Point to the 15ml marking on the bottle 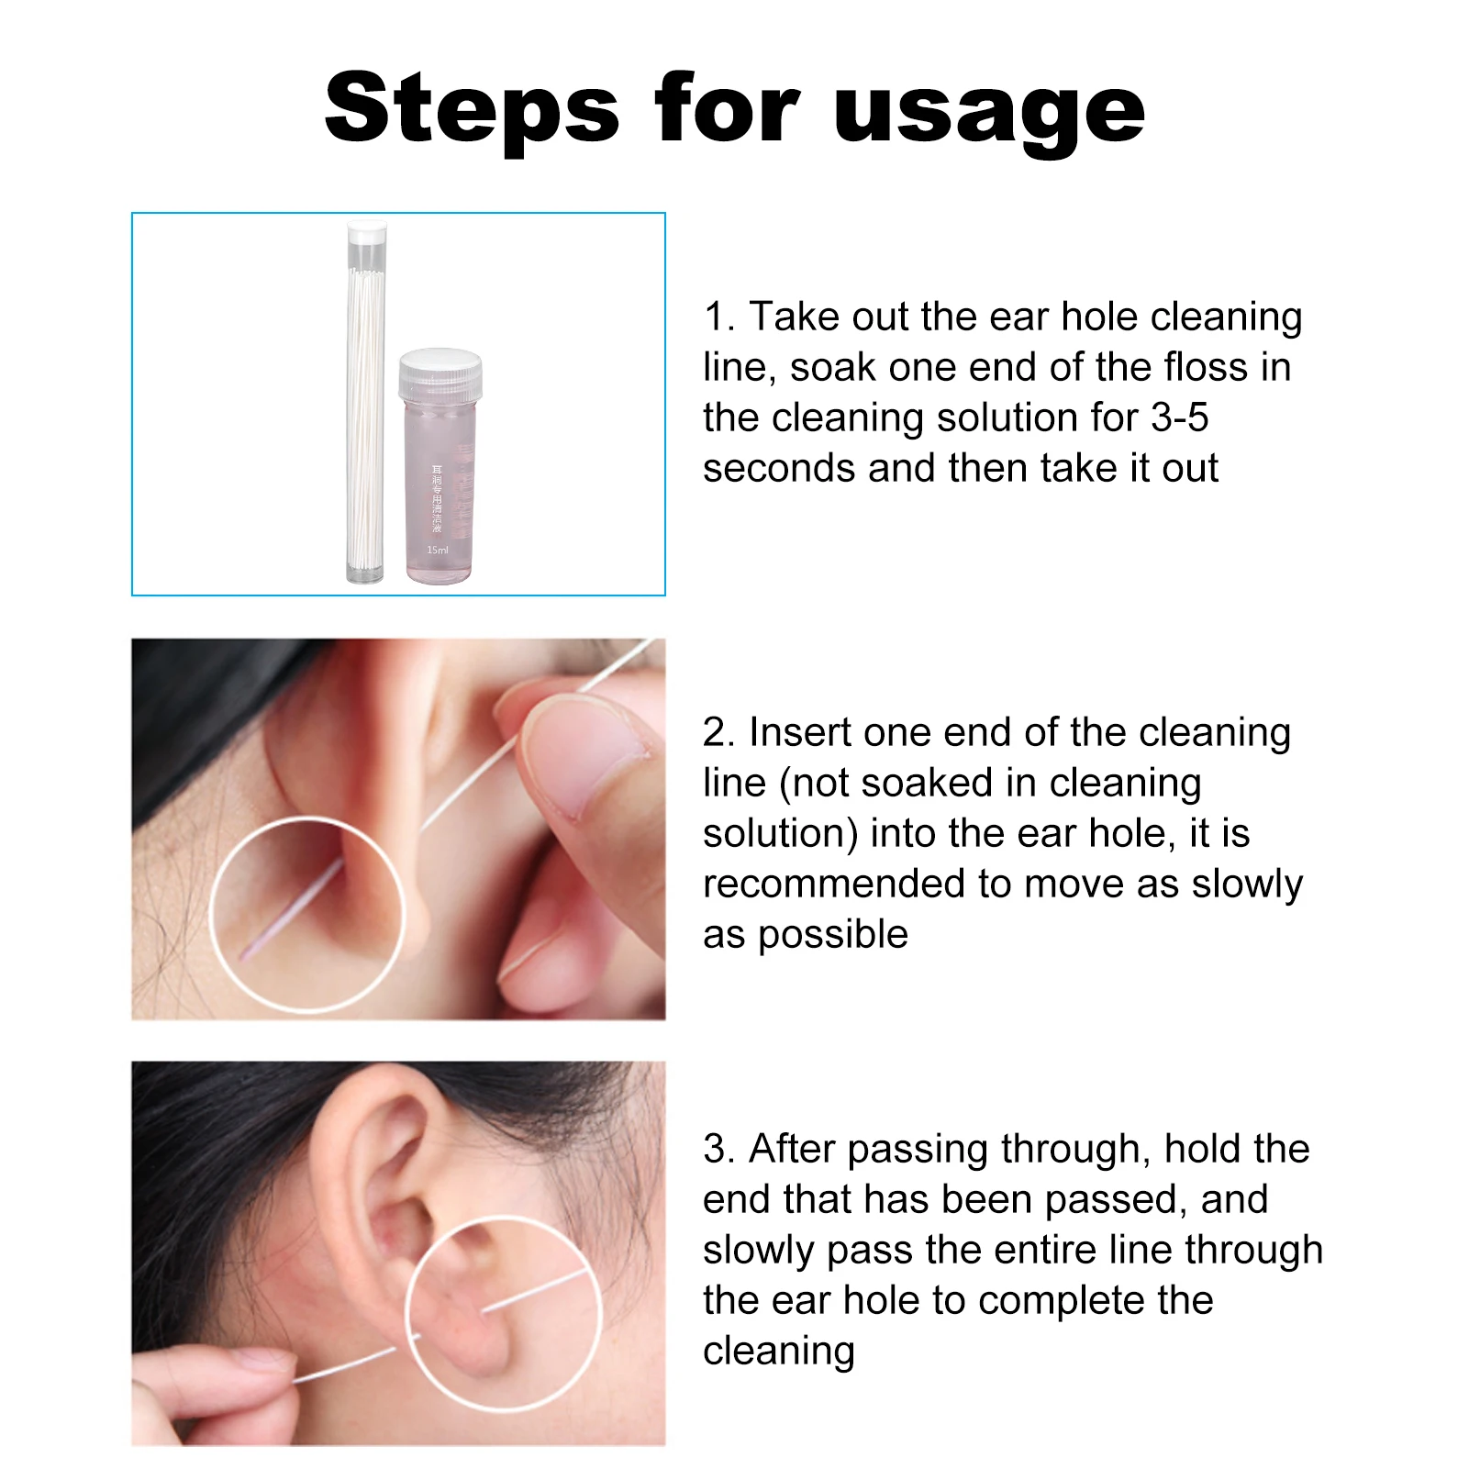tap(438, 551)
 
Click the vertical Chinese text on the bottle tap(438, 498)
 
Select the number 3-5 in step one tap(1180, 417)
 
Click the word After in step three tap(791, 1149)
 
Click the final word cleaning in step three tap(778, 1351)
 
